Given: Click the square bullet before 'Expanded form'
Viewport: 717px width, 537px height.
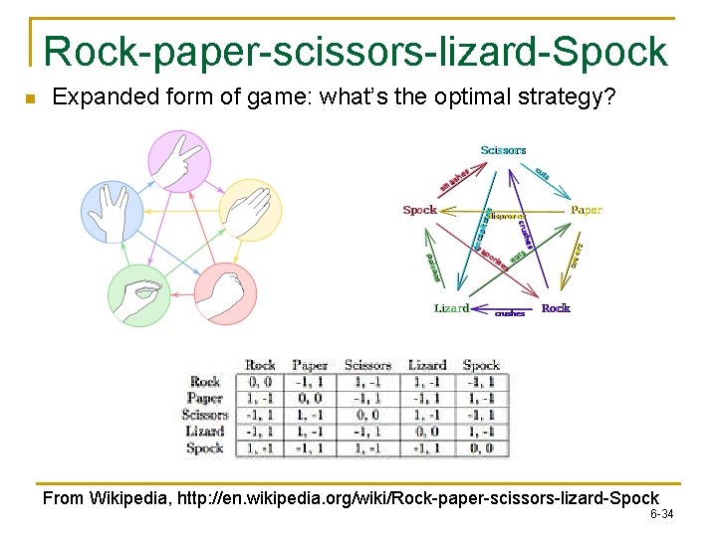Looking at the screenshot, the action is pos(29,98).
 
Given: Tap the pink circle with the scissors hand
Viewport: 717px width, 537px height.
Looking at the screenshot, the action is pos(179,161).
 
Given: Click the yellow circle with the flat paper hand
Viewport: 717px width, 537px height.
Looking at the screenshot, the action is pos(250,210).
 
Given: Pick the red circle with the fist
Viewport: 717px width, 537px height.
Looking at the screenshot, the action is pos(225,293).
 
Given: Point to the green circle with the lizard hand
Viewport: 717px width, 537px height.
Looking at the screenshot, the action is pos(139,295).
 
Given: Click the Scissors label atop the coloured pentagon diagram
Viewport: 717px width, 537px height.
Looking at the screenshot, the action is pos(503,150).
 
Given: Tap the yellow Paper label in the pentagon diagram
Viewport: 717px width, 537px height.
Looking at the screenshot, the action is pos(587,210).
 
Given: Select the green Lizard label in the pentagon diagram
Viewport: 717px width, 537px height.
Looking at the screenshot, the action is pos(451,308).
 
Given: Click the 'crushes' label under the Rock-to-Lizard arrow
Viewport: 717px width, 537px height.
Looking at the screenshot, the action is pos(510,313).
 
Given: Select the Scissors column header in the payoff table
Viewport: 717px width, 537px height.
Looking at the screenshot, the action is pos(367,365).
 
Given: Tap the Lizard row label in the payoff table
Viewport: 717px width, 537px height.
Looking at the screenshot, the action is pos(205,432).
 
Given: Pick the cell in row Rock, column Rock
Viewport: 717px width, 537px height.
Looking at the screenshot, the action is pos(260,381).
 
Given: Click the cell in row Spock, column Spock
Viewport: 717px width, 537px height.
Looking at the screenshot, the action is pos(482,448).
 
